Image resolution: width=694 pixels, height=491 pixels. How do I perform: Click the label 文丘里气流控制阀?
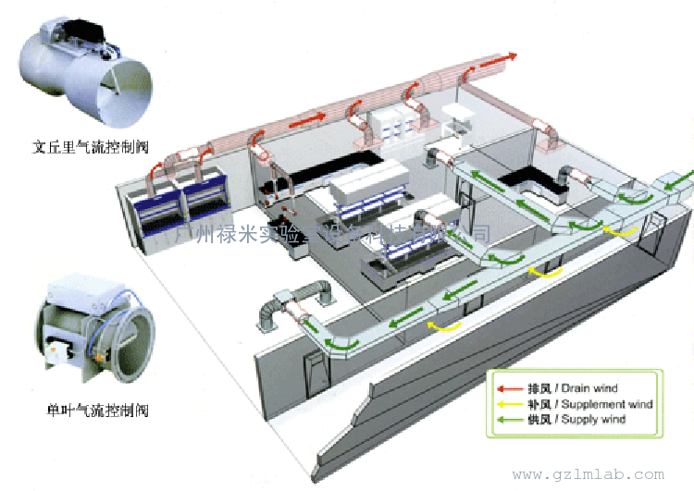(x=91, y=146)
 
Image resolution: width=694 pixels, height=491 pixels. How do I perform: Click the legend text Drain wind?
(x=589, y=388)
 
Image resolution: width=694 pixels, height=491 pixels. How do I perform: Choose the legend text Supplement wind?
(x=607, y=404)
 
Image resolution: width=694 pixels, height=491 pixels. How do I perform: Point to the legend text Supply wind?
(x=593, y=419)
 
